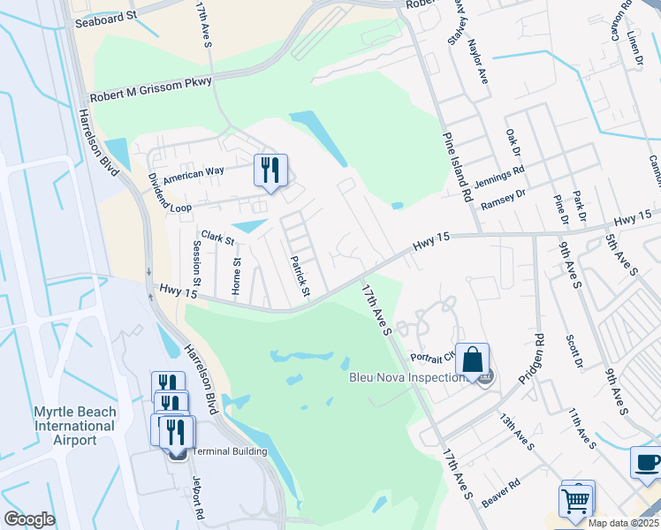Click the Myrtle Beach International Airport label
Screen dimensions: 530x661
click(x=76, y=426)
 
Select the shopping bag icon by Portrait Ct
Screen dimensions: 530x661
click(x=472, y=360)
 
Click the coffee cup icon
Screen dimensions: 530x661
click(x=646, y=464)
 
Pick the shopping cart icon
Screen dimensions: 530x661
click(x=577, y=500)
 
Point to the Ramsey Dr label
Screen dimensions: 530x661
click(x=504, y=199)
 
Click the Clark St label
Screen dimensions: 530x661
click(x=217, y=238)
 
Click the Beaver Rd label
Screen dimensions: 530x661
click(x=499, y=495)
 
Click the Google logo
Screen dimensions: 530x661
click(x=29, y=519)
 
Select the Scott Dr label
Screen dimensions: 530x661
click(x=575, y=351)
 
